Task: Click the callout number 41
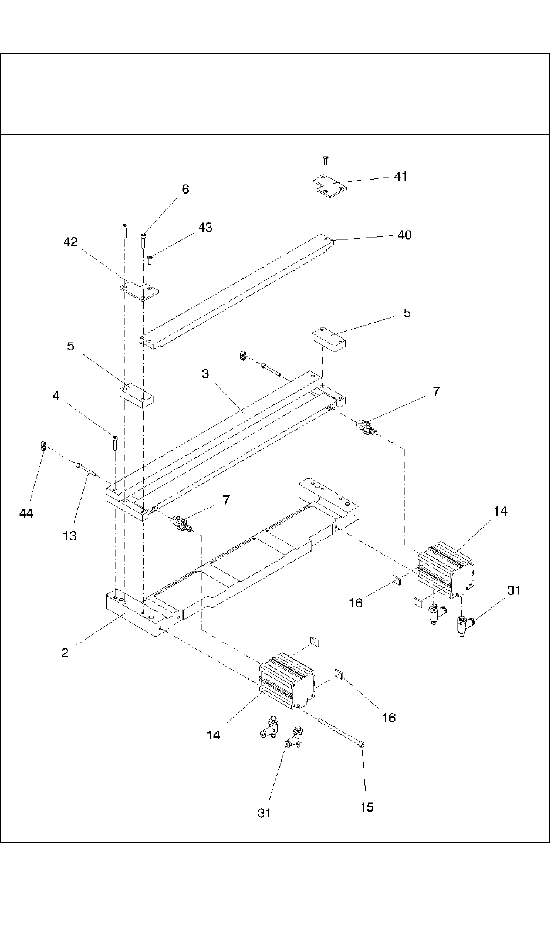pos(400,176)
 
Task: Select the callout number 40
pos(404,235)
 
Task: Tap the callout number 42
pos(71,242)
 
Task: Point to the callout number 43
pos(205,227)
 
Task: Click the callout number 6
pos(185,190)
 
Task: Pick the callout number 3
pos(205,373)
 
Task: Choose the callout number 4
pos(56,396)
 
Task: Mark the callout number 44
pos(26,513)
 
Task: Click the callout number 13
pos(70,536)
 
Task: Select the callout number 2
pos(65,653)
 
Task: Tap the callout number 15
pos(367,807)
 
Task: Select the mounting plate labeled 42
pos(138,291)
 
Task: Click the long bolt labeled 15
pos(342,732)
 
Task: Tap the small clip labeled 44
pos(43,445)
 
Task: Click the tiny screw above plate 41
pos(325,160)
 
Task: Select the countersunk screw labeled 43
pos(150,260)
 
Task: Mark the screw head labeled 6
pos(143,235)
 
